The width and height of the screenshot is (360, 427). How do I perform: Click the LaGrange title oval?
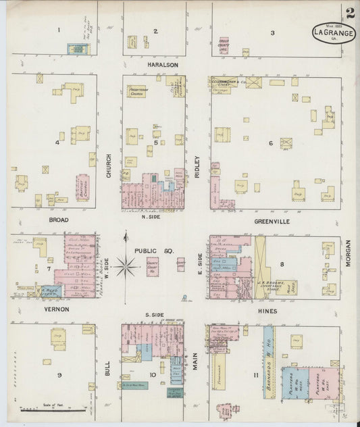click(x=332, y=32)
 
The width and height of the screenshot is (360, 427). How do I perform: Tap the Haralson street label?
click(x=162, y=65)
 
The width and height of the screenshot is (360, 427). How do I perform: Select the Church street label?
click(x=108, y=166)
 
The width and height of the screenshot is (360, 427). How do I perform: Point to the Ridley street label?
click(x=198, y=166)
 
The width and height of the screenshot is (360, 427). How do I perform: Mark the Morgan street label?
click(x=349, y=253)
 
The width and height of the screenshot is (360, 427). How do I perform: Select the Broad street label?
click(x=59, y=220)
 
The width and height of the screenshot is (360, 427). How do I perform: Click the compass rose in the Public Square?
click(x=126, y=266)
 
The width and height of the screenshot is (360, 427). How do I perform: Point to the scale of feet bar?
click(x=53, y=409)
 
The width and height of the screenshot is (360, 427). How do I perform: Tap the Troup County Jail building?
click(x=224, y=45)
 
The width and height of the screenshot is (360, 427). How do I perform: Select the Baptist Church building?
click(x=82, y=187)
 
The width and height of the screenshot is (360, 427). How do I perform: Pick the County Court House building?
click(x=152, y=266)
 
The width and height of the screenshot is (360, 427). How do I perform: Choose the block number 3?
click(x=272, y=32)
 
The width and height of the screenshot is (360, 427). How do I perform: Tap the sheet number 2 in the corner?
click(x=349, y=13)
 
